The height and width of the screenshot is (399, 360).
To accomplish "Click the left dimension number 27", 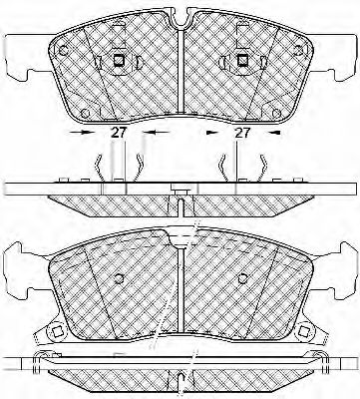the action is (x=119, y=133).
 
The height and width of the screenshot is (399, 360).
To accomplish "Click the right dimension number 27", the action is (x=242, y=133).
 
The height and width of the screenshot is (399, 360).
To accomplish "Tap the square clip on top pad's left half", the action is (x=119, y=60).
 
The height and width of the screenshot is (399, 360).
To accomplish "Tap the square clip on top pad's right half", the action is (x=242, y=60).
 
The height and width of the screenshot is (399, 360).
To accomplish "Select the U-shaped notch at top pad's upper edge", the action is (x=180, y=18).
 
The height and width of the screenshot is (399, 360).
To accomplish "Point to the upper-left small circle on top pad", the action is (x=63, y=51).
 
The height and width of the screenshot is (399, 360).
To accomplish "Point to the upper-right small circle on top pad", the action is (x=298, y=51).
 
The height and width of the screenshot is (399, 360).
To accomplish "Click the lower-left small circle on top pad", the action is (x=86, y=113).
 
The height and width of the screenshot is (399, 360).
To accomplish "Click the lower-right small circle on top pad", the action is (x=276, y=113).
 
